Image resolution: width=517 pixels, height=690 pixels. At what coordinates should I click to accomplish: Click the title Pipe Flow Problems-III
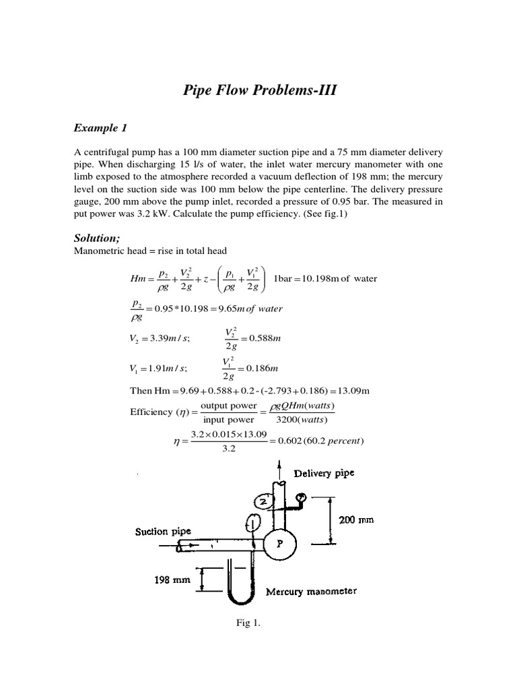(x=258, y=90)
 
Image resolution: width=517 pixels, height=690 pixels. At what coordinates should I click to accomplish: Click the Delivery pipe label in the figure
(x=323, y=473)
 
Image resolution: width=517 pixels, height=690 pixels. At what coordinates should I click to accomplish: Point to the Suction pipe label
(x=164, y=531)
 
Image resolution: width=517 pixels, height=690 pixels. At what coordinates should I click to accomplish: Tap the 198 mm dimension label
(x=170, y=579)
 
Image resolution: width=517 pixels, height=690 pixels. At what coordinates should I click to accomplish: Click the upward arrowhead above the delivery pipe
(x=279, y=465)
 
